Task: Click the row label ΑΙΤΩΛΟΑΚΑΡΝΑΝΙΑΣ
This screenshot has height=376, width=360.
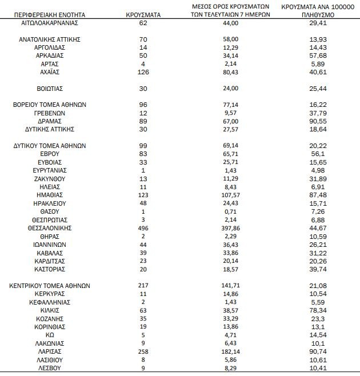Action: [x=49, y=22]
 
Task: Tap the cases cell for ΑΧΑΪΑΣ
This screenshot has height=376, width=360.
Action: [x=143, y=72]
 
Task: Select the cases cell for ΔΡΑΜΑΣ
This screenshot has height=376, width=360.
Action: [x=143, y=121]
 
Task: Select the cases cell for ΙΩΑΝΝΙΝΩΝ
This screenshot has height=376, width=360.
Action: [x=143, y=244]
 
